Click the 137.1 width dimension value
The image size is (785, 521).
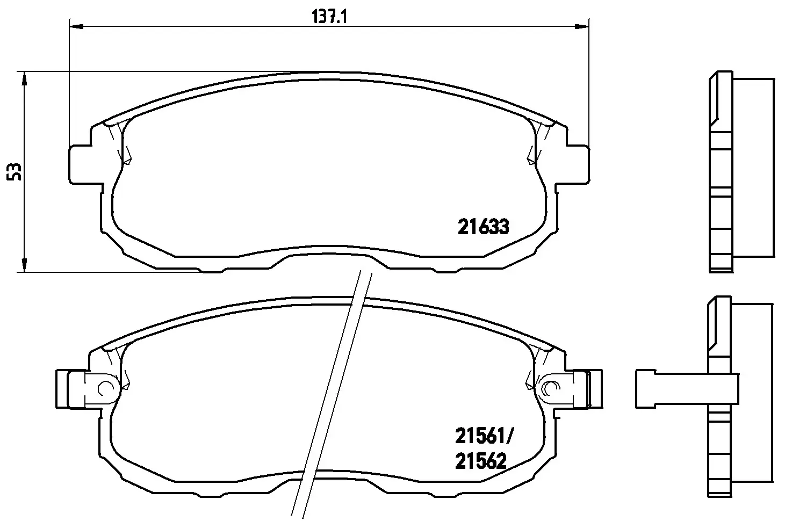pyautogui.click(x=329, y=17)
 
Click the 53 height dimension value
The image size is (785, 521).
pyautogui.click(x=15, y=172)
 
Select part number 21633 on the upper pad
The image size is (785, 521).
pyautogui.click(x=483, y=227)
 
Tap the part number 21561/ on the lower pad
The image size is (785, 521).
pyautogui.click(x=484, y=437)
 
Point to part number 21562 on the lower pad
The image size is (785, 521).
pyautogui.click(x=481, y=461)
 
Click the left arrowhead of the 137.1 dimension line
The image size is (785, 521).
pyautogui.click(x=76, y=26)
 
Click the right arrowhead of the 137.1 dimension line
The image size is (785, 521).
pyautogui.click(x=582, y=26)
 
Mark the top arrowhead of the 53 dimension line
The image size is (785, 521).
pyautogui.click(x=24, y=78)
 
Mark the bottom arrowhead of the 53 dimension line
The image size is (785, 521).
pyautogui.click(x=24, y=265)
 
